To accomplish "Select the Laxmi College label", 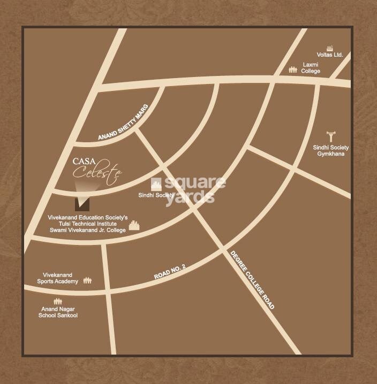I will (x=311, y=67).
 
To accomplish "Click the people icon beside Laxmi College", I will (x=293, y=69).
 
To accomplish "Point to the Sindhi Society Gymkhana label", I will (x=331, y=150).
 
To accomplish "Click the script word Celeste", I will (x=97, y=172).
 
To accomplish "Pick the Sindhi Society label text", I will (x=156, y=195).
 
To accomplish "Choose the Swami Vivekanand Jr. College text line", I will (x=87, y=231).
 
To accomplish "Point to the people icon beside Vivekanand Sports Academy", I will (x=87, y=280).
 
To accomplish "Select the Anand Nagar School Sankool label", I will (x=58, y=312).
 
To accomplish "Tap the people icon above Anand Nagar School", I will (x=57, y=301).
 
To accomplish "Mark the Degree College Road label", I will (x=252, y=280).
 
